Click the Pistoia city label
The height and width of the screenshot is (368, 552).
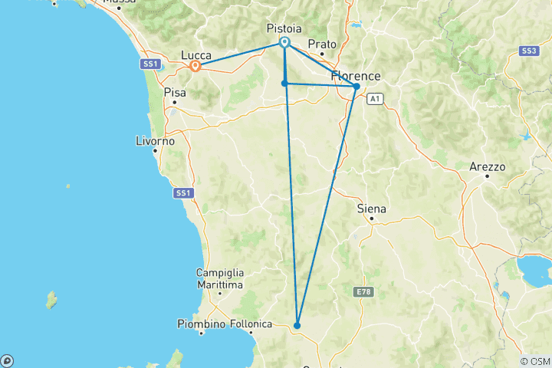coord(283,28)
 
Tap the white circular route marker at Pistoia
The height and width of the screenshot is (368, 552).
coord(284,42)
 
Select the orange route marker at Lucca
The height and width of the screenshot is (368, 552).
coord(195,66)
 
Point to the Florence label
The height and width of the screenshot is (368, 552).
coord(355,76)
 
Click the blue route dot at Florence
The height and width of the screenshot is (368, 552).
coord(356,87)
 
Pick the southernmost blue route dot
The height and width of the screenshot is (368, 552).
coord(297,325)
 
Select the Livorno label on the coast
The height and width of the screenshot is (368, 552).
coord(156,142)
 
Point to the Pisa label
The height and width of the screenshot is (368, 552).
coord(175,91)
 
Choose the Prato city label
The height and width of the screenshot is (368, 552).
coord(322,44)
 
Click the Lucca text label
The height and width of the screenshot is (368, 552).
coord(196,54)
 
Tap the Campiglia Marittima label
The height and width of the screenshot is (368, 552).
coord(220,278)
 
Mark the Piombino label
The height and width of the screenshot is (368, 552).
coord(201,324)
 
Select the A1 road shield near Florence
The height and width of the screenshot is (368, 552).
coord(374,99)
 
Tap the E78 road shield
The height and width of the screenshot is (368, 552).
coord(363,292)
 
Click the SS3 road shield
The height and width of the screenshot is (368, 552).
coord(527,51)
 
